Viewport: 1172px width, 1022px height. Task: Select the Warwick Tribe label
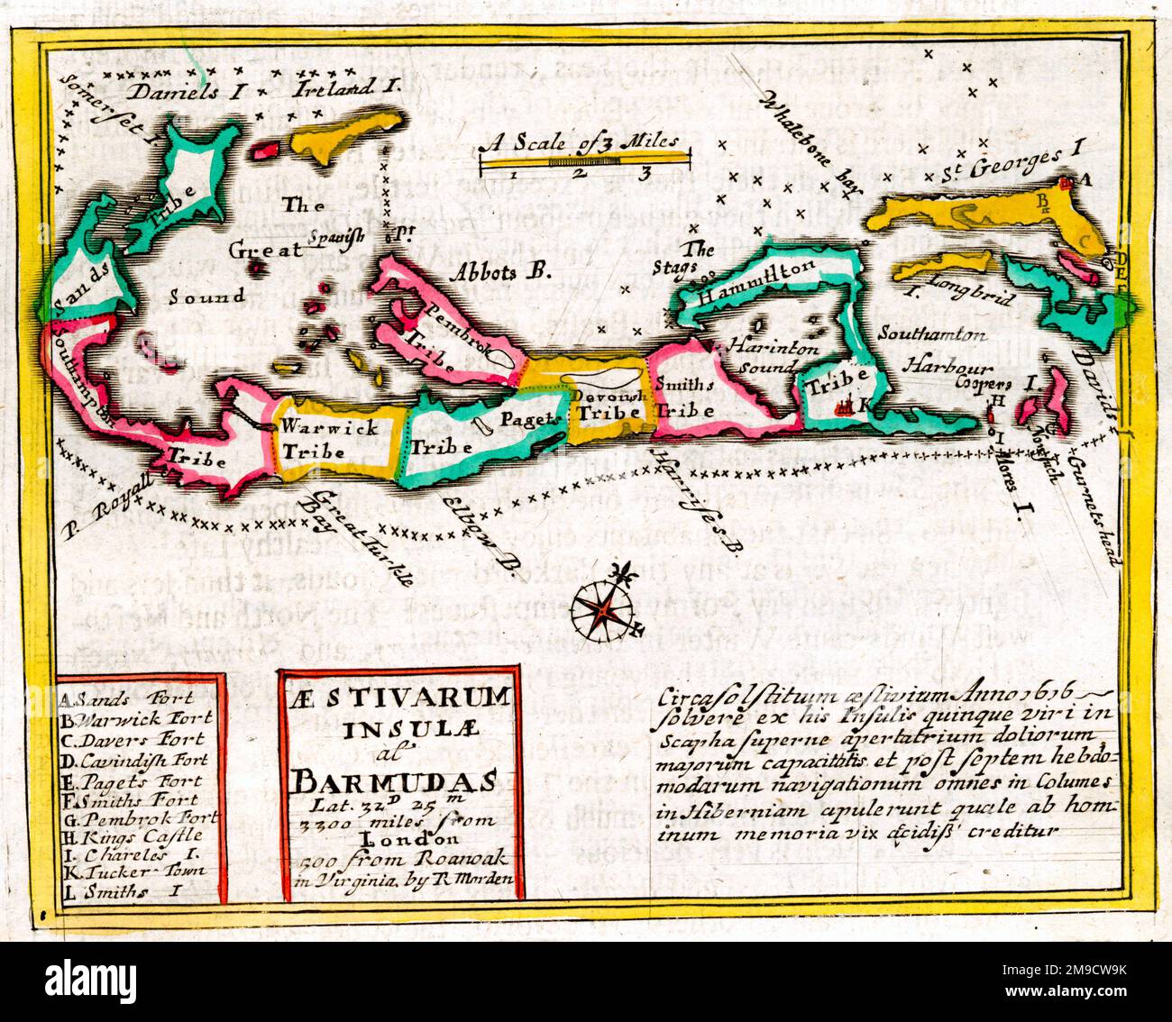[x=327, y=439]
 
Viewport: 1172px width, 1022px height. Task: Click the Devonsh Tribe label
[x=609, y=403]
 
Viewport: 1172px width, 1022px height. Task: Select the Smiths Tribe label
[x=684, y=397]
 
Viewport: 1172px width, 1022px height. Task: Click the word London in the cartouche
[x=399, y=836]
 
